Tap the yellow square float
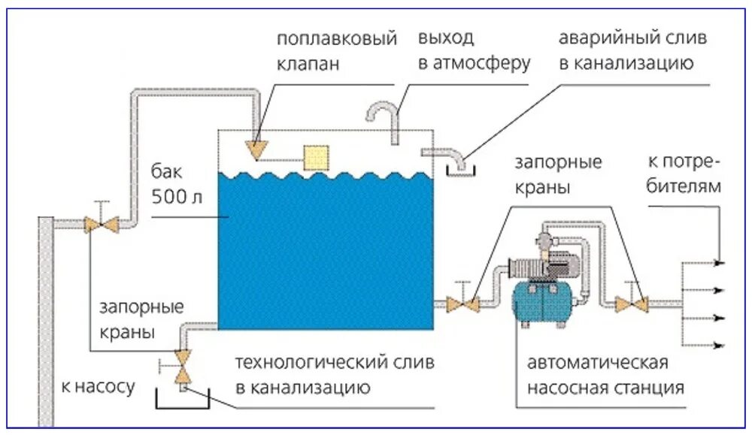point(316,157)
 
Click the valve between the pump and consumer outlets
point(632,304)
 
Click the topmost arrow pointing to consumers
point(719,263)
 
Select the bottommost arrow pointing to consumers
point(719,345)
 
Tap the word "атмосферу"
point(481,62)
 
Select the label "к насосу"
point(98,387)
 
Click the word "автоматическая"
point(598,363)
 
